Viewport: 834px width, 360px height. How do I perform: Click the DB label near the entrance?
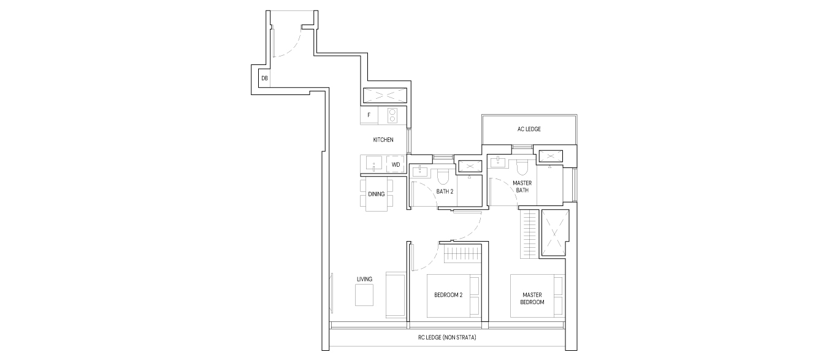pyautogui.click(x=264, y=79)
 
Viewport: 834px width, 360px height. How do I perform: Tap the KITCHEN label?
pyautogui.click(x=383, y=140)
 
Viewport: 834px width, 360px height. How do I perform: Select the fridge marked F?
pyautogui.click(x=369, y=115)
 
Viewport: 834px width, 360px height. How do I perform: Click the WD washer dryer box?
pyautogui.click(x=396, y=164)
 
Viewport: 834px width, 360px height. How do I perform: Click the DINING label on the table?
pyautogui.click(x=376, y=194)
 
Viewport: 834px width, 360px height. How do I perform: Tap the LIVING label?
pyautogui.click(x=364, y=279)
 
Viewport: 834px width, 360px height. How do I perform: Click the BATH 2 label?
pyautogui.click(x=445, y=192)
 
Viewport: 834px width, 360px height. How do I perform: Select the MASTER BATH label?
pyautogui.click(x=522, y=186)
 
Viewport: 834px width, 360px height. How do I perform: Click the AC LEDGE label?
pyautogui.click(x=529, y=129)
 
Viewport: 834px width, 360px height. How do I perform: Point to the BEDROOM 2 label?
pyautogui.click(x=448, y=295)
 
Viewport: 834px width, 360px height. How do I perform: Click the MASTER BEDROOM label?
pyautogui.click(x=532, y=299)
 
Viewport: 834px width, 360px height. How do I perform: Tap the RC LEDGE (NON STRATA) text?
pyautogui.click(x=447, y=338)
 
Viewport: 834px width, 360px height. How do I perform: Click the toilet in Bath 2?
pyautogui.click(x=443, y=177)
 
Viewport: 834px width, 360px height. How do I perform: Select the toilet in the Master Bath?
pyautogui.click(x=522, y=167)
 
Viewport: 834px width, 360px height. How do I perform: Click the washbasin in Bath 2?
pyautogui.click(x=420, y=170)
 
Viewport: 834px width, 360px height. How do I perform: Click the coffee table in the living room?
pyautogui.click(x=364, y=295)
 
